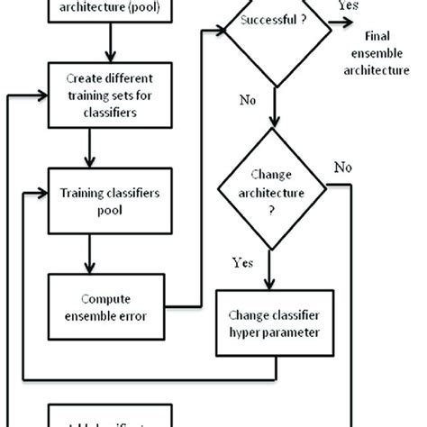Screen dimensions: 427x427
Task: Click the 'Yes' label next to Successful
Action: click(x=347, y=6)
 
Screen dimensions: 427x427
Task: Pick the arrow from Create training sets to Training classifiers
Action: click(x=87, y=146)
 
